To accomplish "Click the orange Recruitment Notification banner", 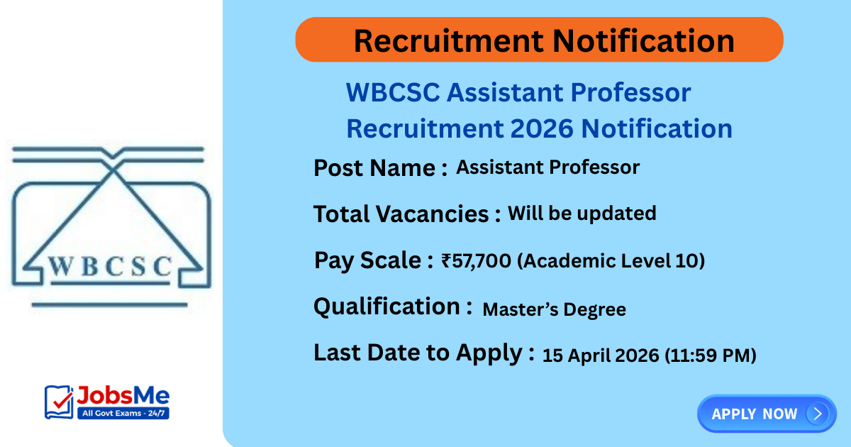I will (x=539, y=40).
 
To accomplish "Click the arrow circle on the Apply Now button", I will (x=817, y=414).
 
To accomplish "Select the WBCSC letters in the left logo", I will (x=111, y=266).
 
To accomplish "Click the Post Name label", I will (x=380, y=169).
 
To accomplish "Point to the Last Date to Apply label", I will (x=423, y=353).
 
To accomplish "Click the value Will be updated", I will (x=582, y=213).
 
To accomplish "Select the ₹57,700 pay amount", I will (x=476, y=261).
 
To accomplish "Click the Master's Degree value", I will (x=554, y=309).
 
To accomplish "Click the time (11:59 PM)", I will (x=710, y=355).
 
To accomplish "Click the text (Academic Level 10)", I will (x=611, y=261).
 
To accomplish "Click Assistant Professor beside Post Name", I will (x=547, y=167).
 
